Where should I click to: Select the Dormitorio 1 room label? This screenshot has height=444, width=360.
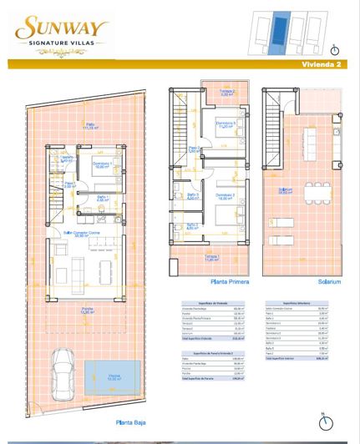[x=103, y=164]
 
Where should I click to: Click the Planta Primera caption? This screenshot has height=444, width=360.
[x=211, y=282]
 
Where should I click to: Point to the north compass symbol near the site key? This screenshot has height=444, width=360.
[x=334, y=48]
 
